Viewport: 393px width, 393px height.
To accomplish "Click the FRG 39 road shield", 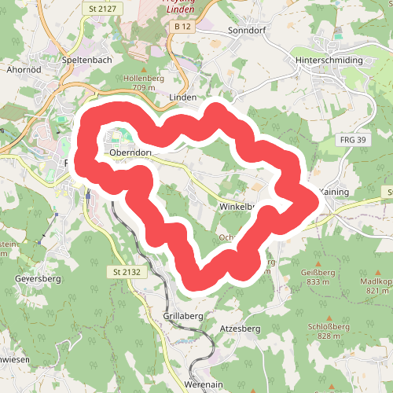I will (353, 139).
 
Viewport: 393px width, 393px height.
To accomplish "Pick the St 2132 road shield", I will (126, 271).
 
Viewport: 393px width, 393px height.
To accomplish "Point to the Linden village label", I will (182, 97).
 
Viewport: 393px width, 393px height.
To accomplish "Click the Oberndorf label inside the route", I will (130, 152).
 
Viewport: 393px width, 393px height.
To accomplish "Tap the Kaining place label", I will (336, 191).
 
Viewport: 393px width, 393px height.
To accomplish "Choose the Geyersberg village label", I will (36, 278).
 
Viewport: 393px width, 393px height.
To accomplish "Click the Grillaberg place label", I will (183, 315).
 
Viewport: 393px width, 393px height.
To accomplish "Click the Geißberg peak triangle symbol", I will (318, 263).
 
